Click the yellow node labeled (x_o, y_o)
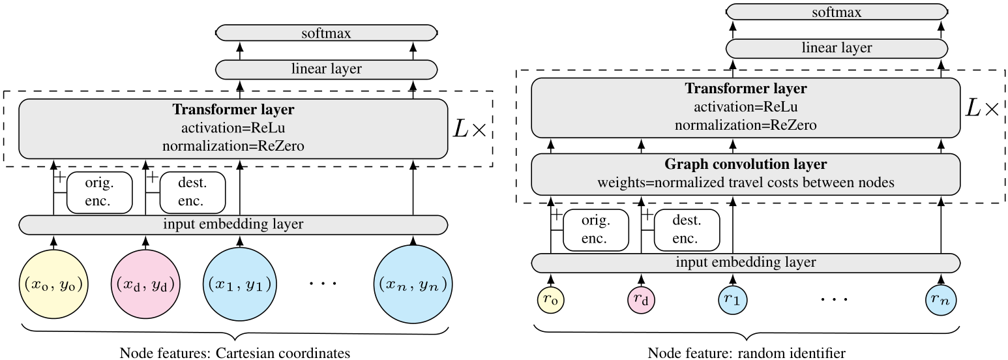(53, 284)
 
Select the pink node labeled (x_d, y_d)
(145, 284)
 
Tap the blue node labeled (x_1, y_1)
(240, 284)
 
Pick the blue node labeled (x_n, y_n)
(413, 284)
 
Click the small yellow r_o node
(551, 299)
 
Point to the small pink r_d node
(642, 299)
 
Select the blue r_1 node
(733, 299)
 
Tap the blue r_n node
(941, 299)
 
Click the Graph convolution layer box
(746, 174)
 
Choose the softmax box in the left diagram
(326, 33)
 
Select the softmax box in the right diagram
(837, 12)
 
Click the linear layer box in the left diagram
(326, 69)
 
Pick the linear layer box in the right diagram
(837, 48)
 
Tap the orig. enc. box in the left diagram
(100, 192)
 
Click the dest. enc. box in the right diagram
(687, 230)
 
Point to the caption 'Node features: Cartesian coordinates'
(235, 353)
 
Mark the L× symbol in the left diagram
(470, 130)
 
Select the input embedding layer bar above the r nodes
(746, 263)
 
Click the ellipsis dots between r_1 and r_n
(835, 299)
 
